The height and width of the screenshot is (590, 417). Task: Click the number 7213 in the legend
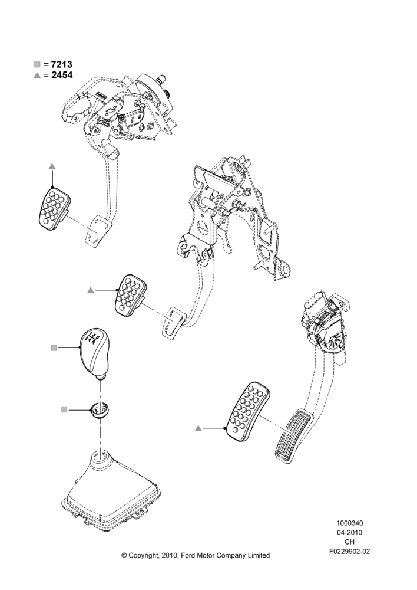tap(62, 64)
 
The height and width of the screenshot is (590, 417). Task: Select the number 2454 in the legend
tap(62, 75)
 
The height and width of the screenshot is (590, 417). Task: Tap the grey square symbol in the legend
tap(37, 64)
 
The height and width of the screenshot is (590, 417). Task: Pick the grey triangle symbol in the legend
tap(37, 76)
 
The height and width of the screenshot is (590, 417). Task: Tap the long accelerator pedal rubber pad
tap(248, 413)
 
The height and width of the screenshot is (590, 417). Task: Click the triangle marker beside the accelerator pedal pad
tap(198, 428)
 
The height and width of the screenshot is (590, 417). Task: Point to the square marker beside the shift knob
tap(54, 348)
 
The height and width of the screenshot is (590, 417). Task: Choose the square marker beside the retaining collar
tap(64, 409)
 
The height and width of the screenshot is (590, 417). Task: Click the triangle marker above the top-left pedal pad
tap(52, 166)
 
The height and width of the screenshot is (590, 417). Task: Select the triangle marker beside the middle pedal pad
tap(90, 290)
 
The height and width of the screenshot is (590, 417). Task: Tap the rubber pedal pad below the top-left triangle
tap(54, 208)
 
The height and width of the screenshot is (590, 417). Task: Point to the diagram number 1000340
tap(349, 523)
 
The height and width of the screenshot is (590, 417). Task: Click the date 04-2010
tap(349, 532)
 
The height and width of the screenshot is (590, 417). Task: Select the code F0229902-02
tap(349, 552)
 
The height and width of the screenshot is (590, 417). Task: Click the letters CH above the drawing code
tap(349, 542)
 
